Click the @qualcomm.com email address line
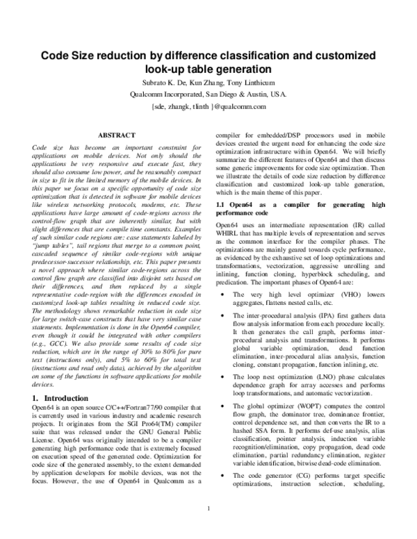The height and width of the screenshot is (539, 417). click(208, 106)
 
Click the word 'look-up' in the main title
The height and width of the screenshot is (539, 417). click(167, 69)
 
